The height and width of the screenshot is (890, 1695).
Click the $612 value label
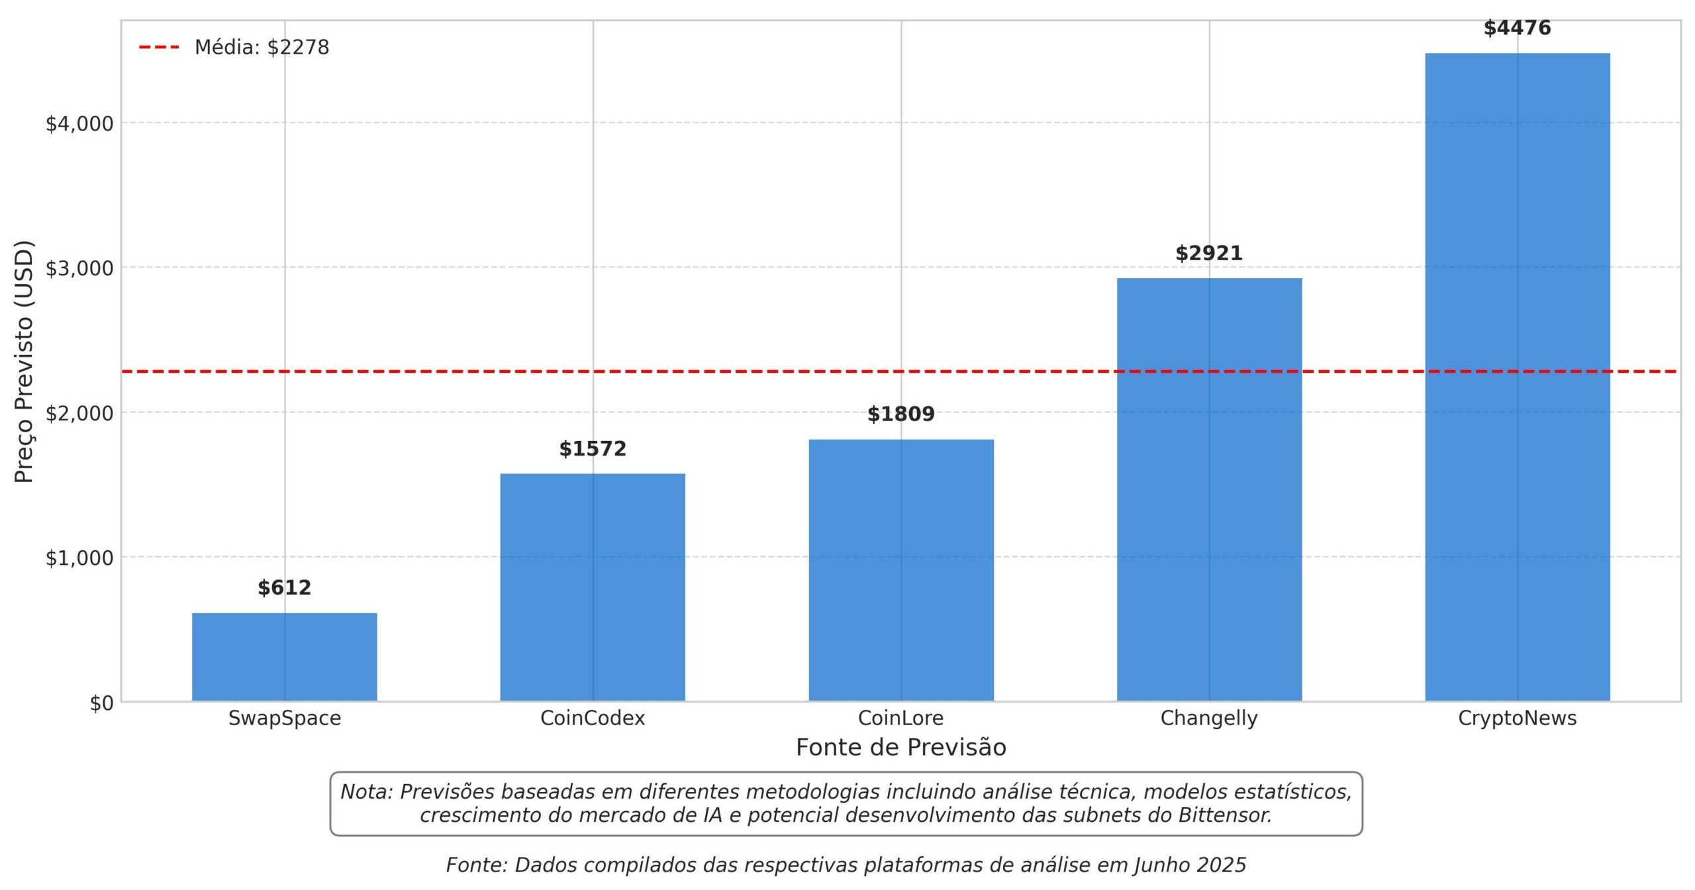tap(285, 587)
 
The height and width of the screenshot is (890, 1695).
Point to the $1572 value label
tap(593, 449)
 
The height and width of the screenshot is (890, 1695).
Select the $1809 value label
tap(901, 414)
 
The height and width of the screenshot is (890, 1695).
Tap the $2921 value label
tap(1209, 253)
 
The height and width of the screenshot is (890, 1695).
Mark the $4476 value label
tap(1518, 28)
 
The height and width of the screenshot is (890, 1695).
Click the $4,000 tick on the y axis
tap(79, 123)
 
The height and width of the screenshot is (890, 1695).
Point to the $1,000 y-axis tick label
tap(79, 558)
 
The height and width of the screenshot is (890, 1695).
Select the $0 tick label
tap(102, 703)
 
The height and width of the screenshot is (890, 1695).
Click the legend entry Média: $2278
tap(262, 47)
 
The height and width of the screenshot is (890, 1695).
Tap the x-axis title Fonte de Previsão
tap(901, 747)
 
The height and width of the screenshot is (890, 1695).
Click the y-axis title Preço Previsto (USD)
tap(24, 362)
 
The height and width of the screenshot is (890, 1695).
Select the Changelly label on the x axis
tap(1209, 718)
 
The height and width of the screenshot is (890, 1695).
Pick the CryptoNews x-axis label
tap(1518, 718)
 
